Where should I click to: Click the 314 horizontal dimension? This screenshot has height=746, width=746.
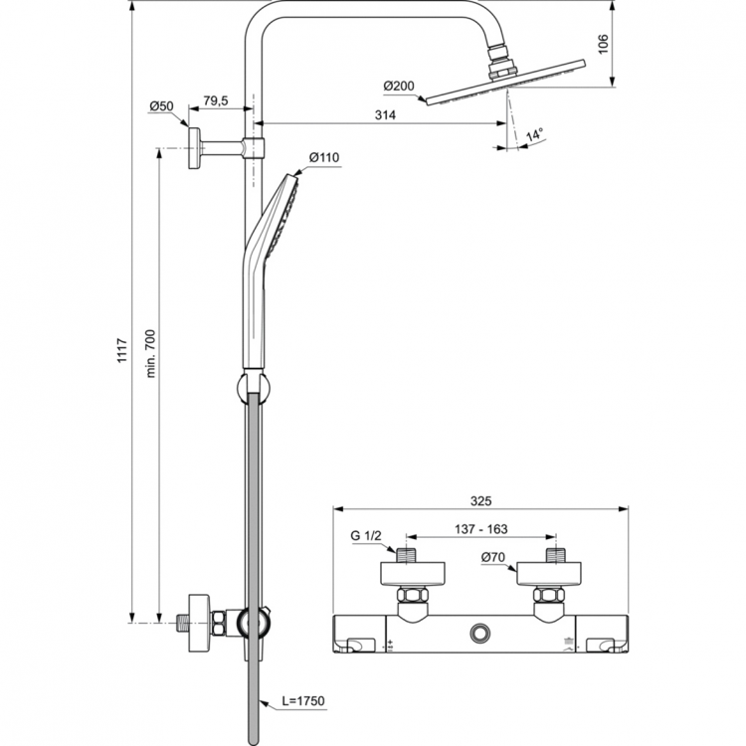[x=386, y=115]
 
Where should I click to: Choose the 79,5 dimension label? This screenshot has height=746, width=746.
[x=216, y=101]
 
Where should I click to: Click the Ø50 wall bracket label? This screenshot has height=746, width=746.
[x=162, y=105]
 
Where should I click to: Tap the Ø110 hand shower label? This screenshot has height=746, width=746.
[x=325, y=157]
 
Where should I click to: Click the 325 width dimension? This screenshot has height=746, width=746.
[x=480, y=501]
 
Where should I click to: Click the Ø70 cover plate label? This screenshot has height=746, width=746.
[x=494, y=558]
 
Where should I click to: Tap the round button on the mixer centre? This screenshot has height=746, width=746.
[x=482, y=632]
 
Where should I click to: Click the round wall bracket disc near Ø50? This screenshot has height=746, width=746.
[x=194, y=148]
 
